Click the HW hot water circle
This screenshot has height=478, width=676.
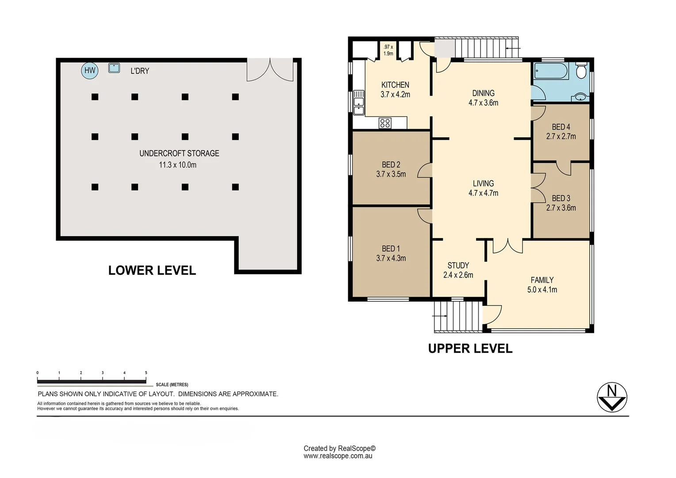click(90, 71)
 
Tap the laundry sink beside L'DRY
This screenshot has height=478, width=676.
click(114, 68)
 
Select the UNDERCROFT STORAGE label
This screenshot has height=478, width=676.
click(179, 154)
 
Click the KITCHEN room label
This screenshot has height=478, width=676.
click(395, 85)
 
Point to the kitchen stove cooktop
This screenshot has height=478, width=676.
click(385, 123)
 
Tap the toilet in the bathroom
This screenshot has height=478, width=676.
click(581, 71)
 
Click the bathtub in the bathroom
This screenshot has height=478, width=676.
click(551, 71)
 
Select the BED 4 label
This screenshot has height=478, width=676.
click(561, 127)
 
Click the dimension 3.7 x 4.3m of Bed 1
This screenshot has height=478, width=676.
click(391, 258)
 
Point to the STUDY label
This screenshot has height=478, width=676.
click(458, 266)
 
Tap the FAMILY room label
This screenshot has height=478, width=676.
click(542, 280)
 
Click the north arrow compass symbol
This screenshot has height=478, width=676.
click(612, 397)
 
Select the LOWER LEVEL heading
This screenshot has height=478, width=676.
click(152, 270)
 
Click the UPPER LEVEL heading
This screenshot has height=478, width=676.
click(470, 348)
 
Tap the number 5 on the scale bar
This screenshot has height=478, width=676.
click(146, 373)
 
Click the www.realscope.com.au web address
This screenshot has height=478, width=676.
click(338, 456)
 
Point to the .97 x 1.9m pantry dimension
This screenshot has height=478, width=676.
click(388, 50)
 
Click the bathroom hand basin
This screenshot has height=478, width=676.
click(580, 97)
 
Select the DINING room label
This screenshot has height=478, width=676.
click(483, 93)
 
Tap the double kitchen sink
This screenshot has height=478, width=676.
click(359, 103)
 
